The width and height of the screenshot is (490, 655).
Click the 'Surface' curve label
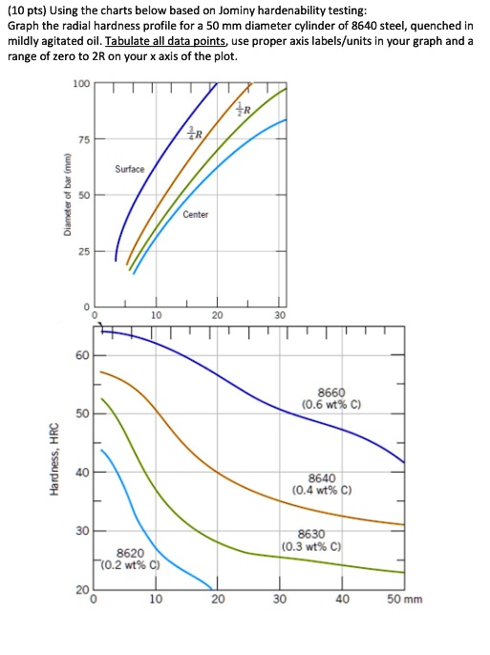click(x=129, y=168)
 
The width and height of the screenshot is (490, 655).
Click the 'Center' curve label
click(x=195, y=214)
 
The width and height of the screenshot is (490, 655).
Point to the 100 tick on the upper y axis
click(x=80, y=85)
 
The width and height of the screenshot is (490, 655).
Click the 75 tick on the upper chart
click(x=83, y=139)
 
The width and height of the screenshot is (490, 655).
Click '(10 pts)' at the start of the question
click(x=25, y=10)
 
